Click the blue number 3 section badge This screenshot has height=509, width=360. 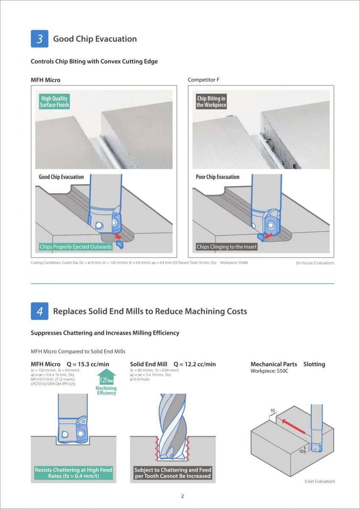(39, 39)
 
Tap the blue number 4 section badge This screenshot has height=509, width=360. (39, 311)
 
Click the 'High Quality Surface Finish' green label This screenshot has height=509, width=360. (54, 102)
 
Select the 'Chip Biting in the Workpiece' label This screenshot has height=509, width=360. (211, 102)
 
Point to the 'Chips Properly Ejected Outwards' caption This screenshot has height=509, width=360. (76, 247)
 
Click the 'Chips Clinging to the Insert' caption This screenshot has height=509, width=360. (227, 247)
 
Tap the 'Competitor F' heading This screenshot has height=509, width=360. (204, 80)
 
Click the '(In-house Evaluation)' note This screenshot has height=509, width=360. (315, 263)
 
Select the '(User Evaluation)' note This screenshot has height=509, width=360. (320, 481)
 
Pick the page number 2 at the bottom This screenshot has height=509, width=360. (182, 496)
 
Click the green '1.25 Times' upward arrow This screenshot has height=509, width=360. (106, 378)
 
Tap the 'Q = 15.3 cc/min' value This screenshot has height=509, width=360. (88, 364)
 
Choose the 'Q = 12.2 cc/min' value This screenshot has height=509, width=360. (195, 364)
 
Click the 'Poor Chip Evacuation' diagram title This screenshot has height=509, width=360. (218, 177)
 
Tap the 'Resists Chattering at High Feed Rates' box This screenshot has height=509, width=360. (73, 473)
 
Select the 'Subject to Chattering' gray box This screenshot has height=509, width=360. (173, 473)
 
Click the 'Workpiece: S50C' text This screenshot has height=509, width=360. (270, 372)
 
